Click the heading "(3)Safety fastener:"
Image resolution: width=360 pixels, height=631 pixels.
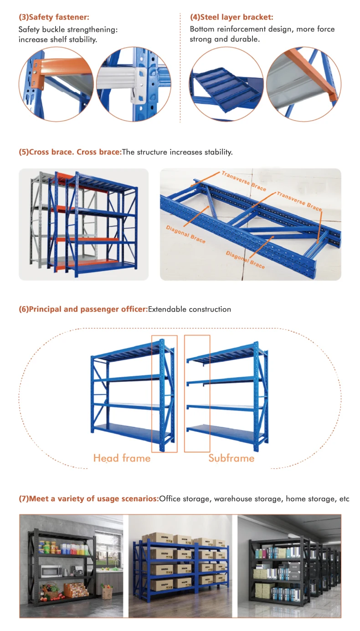pos(54,17)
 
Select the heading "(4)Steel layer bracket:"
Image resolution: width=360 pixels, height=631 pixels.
pos(231,17)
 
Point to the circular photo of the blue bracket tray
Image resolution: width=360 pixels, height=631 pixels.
pos(226,84)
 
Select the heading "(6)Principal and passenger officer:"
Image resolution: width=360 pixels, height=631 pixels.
pos(83,309)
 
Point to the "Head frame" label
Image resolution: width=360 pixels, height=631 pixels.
pos(122,458)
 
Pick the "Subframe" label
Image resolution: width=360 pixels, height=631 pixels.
pos(231,458)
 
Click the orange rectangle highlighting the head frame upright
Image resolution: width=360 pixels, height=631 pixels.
pos(164,394)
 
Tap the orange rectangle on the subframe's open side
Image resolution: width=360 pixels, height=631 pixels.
pos(197,394)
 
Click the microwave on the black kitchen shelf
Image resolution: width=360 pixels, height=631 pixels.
pos(51,571)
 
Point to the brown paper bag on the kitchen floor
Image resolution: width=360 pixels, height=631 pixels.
pos(107,592)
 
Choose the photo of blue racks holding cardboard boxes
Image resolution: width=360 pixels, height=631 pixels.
pos(180,566)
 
